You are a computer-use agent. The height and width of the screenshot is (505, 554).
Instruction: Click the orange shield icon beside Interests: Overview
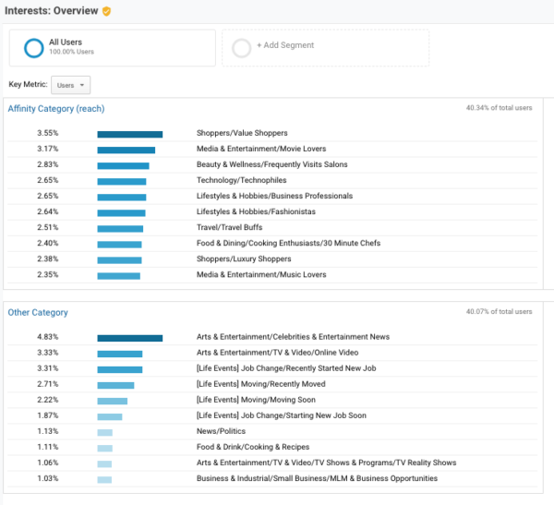click(x=107, y=11)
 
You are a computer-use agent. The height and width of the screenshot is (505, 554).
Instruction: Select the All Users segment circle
click(x=34, y=47)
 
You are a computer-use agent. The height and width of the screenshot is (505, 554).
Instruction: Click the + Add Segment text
click(x=285, y=45)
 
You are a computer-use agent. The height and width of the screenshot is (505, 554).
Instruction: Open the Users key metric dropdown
click(x=71, y=85)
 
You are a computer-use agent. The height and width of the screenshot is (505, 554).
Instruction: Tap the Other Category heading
click(x=38, y=313)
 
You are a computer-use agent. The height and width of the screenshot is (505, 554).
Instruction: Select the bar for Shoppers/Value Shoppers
click(x=129, y=134)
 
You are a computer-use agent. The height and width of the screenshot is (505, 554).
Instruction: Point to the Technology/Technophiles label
click(x=241, y=181)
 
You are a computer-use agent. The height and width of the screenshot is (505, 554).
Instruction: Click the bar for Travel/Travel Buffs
click(x=120, y=228)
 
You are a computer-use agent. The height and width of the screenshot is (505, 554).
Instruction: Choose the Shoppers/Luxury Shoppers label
click(x=243, y=259)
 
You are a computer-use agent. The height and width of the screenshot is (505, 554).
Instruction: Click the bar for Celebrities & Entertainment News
click(x=129, y=338)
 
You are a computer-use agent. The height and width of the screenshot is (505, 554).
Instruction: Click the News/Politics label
click(x=222, y=432)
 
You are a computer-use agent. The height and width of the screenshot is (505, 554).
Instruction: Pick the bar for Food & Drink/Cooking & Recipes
click(x=104, y=448)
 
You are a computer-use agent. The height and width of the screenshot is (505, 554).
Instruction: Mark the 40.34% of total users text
click(x=499, y=108)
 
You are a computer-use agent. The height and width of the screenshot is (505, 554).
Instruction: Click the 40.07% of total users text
click(x=499, y=312)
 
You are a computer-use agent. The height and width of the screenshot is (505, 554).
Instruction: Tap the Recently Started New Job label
click(x=284, y=369)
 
